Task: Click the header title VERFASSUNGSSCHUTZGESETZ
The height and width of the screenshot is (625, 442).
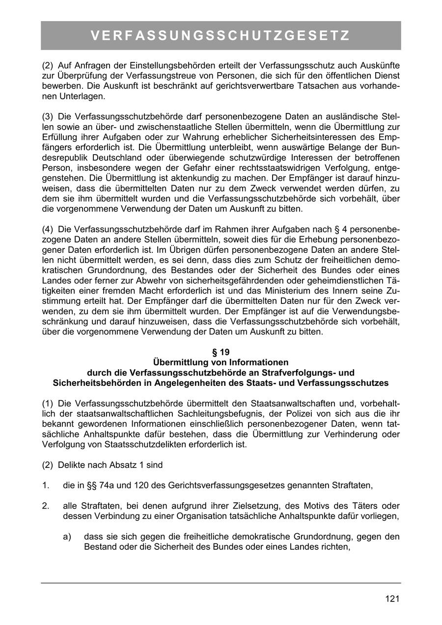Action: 221,36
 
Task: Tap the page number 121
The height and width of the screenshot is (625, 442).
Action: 392,598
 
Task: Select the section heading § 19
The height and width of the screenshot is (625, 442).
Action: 221,352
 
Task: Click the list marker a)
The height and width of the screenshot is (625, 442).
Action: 68,537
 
